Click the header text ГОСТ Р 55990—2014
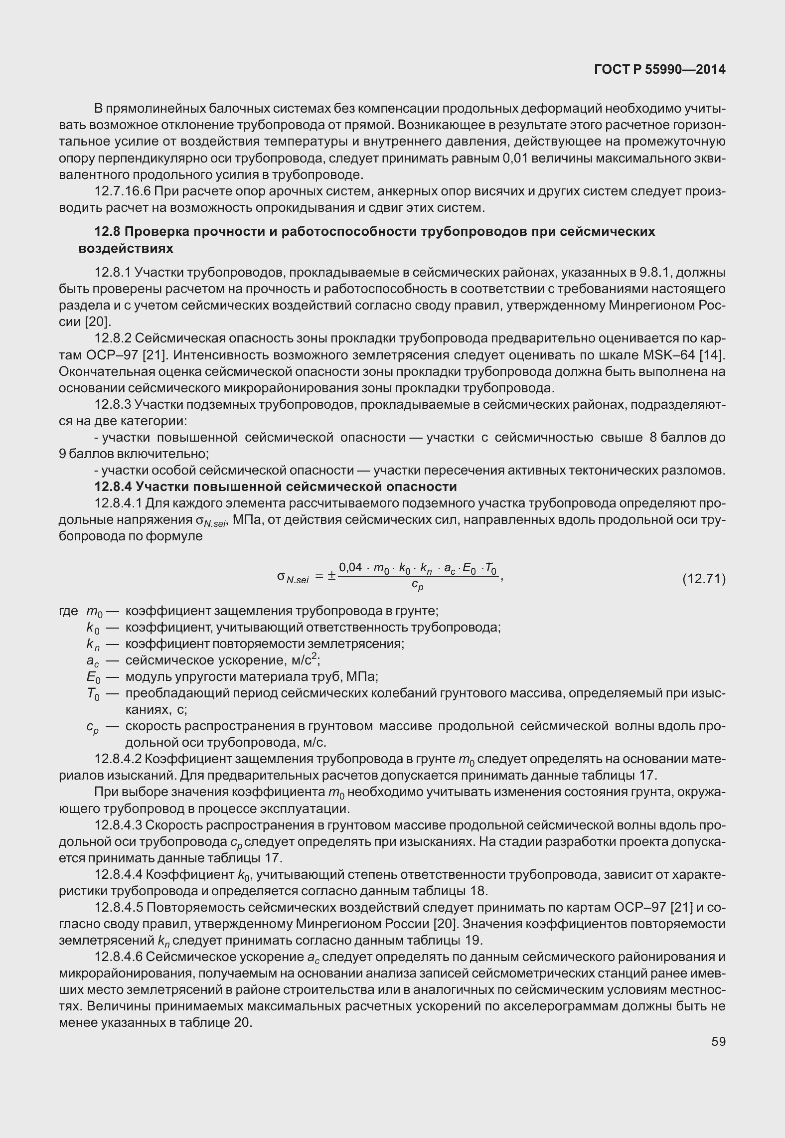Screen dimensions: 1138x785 tap(659, 70)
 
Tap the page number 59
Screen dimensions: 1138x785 tap(718, 1041)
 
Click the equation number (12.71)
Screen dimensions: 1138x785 tap(703, 579)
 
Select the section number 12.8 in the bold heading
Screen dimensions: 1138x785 tap(107, 232)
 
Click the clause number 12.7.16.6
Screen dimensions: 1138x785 tap(123, 191)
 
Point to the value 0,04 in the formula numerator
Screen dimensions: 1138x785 tap(350, 568)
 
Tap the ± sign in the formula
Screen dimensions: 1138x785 tap(331, 577)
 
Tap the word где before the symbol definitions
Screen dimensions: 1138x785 tap(69, 611)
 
